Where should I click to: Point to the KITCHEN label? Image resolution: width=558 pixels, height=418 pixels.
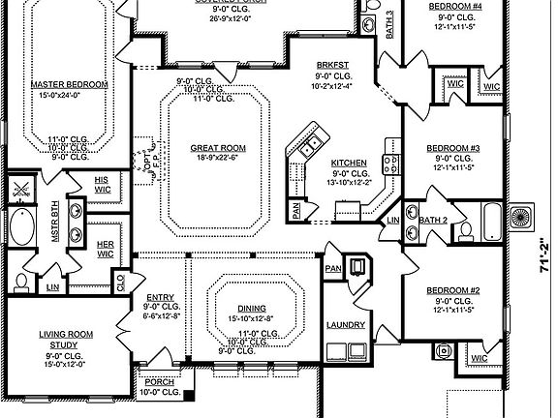347,163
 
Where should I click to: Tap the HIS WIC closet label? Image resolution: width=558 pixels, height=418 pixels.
102,185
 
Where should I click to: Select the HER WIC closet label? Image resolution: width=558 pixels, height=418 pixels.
106,249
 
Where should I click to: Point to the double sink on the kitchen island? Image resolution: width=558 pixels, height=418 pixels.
311,148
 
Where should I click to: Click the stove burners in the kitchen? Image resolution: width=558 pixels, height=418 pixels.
392,164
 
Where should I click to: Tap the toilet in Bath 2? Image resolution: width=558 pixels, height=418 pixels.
465,230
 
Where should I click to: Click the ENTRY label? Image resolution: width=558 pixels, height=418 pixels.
160,298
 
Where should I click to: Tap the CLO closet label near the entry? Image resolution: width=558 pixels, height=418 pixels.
120,282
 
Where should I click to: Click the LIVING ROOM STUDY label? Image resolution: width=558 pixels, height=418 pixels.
65,340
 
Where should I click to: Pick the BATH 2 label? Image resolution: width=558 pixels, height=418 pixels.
432,221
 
